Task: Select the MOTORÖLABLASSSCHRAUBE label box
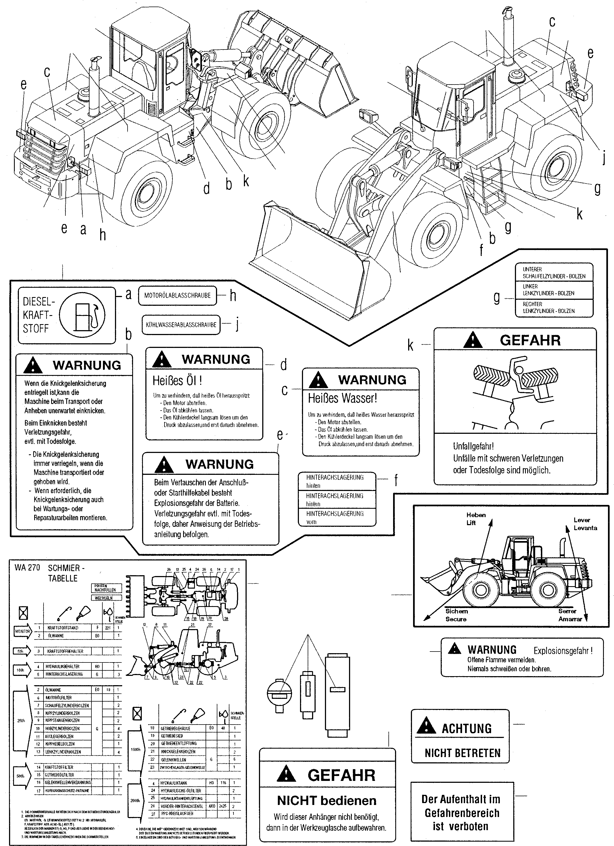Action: click(x=177, y=295)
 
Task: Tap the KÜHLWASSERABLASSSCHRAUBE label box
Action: click(x=181, y=324)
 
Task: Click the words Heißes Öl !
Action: click(x=177, y=380)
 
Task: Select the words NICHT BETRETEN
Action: click(x=462, y=753)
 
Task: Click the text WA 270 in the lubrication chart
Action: click(x=27, y=568)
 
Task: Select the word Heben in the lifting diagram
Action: click(x=476, y=515)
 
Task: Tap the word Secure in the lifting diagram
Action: click(x=456, y=619)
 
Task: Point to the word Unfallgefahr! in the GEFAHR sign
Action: click(x=473, y=446)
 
